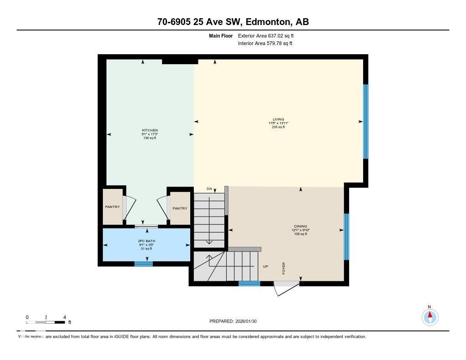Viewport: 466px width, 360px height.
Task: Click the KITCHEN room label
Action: coord(150,130)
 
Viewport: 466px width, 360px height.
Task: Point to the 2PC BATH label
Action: coord(146,241)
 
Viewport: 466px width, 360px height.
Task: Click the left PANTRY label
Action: coord(112,207)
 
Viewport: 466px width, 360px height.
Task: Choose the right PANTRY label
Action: coord(180,208)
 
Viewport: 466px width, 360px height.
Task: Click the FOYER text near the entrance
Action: coord(284,268)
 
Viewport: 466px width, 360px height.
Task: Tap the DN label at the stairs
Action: coord(209,189)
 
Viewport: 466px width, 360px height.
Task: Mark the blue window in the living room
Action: coord(365,122)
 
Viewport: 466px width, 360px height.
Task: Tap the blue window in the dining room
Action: coord(346,237)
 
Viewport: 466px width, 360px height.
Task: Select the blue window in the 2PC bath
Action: coord(143,264)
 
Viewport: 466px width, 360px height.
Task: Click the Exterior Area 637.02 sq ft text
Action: coord(269,35)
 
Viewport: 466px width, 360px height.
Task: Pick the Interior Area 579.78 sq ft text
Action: coord(265,44)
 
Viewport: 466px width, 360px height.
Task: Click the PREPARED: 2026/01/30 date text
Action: coord(236,321)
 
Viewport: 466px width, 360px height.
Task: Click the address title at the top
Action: coord(233,22)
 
